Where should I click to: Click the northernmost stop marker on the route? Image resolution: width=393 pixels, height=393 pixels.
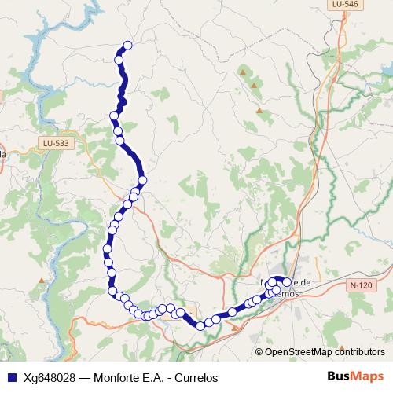(127, 45)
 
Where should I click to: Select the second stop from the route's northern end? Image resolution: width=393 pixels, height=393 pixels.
(119, 60)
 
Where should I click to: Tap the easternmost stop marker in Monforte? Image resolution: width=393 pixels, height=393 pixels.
(287, 283)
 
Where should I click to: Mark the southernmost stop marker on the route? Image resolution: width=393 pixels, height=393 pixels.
(200, 325)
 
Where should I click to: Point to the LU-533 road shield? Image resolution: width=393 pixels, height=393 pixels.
(55, 143)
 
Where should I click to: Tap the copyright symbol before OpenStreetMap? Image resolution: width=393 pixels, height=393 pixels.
(259, 352)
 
